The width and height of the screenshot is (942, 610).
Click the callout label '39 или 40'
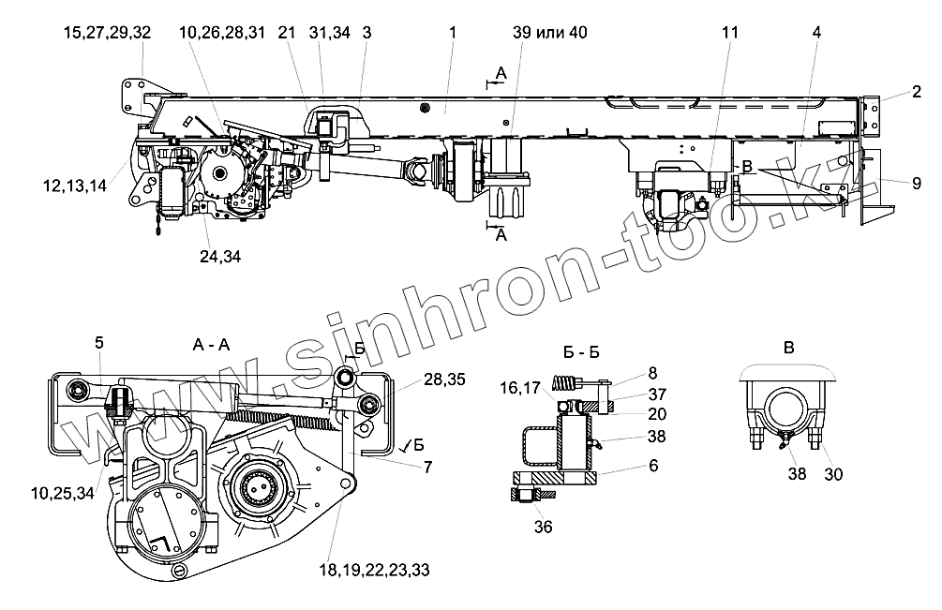coord(550,33)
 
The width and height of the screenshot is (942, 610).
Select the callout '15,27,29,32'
coord(108,33)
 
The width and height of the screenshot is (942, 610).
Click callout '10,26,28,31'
coord(222,33)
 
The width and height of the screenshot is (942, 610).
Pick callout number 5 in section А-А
coord(98,343)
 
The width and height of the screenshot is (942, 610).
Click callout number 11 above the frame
coord(730,33)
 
